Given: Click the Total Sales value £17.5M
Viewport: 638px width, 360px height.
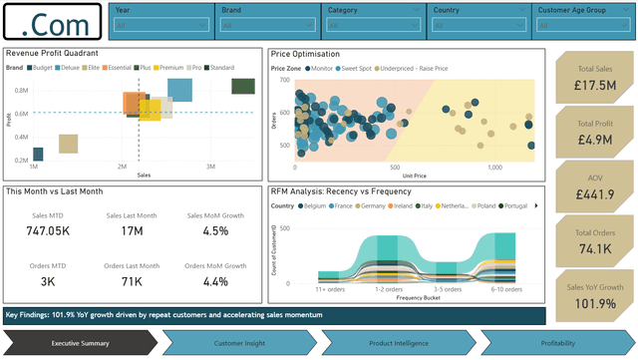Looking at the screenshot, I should tap(593, 86).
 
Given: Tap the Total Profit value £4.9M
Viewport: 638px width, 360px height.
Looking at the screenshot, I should tap(593, 140).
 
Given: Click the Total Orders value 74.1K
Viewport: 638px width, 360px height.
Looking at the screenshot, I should tap(593, 248).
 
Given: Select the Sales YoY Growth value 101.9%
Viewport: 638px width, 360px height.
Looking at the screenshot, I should tap(593, 302).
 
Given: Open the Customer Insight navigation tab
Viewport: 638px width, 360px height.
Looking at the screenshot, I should tap(239, 343).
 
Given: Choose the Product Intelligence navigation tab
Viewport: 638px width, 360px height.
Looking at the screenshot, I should tap(399, 343).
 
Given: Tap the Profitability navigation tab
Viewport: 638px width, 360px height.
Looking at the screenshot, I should tap(558, 343).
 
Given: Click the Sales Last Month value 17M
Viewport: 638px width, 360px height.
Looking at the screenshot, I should tap(132, 230).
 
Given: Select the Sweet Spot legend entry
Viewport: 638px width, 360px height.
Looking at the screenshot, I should tap(359, 68).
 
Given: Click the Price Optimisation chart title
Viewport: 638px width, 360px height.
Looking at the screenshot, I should tap(305, 54).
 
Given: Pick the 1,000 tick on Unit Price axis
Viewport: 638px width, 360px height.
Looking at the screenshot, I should tap(494, 169).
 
